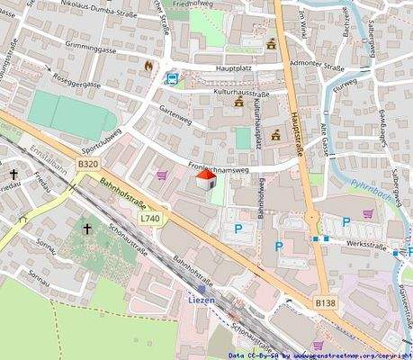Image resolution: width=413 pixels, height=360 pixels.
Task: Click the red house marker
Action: point(205,181)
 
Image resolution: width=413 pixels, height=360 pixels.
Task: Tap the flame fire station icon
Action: point(149,66)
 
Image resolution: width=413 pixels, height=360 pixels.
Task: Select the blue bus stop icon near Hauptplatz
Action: point(171,78)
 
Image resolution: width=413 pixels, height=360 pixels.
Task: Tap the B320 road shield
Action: point(87,165)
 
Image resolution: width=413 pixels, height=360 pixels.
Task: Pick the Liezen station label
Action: point(203,297)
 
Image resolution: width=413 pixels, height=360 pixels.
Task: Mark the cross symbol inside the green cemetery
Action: point(87,229)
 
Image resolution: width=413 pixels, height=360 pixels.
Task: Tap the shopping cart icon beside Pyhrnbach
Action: point(368,213)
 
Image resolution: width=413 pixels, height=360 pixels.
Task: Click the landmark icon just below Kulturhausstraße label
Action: point(239,104)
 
